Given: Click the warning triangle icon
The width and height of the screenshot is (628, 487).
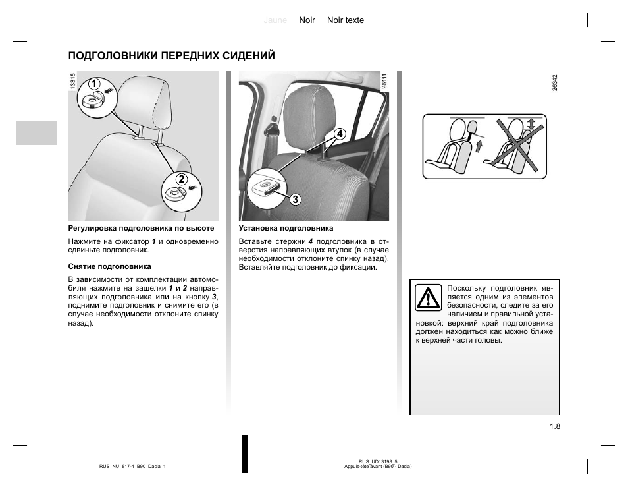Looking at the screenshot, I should (x=429, y=299).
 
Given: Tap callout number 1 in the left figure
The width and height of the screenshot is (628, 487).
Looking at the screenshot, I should (x=94, y=84).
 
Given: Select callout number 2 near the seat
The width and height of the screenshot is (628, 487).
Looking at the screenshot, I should (x=180, y=179).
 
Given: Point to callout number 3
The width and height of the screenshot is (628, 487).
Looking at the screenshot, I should (x=295, y=199).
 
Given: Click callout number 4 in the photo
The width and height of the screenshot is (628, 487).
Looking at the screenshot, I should (x=340, y=134).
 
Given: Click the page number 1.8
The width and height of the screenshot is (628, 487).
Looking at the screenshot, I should (x=554, y=426).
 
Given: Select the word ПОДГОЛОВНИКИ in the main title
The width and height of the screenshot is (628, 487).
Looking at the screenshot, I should (x=110, y=55).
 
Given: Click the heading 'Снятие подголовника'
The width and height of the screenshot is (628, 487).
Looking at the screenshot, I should (x=110, y=266).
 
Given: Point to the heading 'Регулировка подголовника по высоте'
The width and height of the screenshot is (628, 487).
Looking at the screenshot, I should (x=142, y=228).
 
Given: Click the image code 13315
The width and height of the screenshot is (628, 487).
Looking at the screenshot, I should (x=72, y=82).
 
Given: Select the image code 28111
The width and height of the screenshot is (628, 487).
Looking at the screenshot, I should (x=384, y=82).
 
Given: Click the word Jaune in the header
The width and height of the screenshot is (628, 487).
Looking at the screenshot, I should (x=275, y=20).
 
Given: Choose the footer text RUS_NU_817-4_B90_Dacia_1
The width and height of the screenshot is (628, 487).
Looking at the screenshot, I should (x=132, y=467).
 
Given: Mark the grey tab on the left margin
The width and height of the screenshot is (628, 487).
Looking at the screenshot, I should (x=37, y=132).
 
